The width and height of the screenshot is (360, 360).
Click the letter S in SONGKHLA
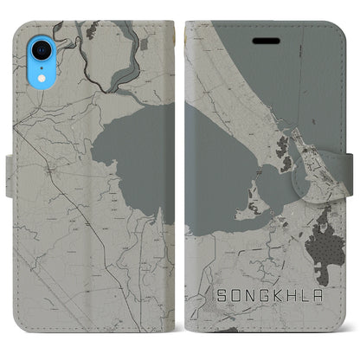[219, 309]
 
